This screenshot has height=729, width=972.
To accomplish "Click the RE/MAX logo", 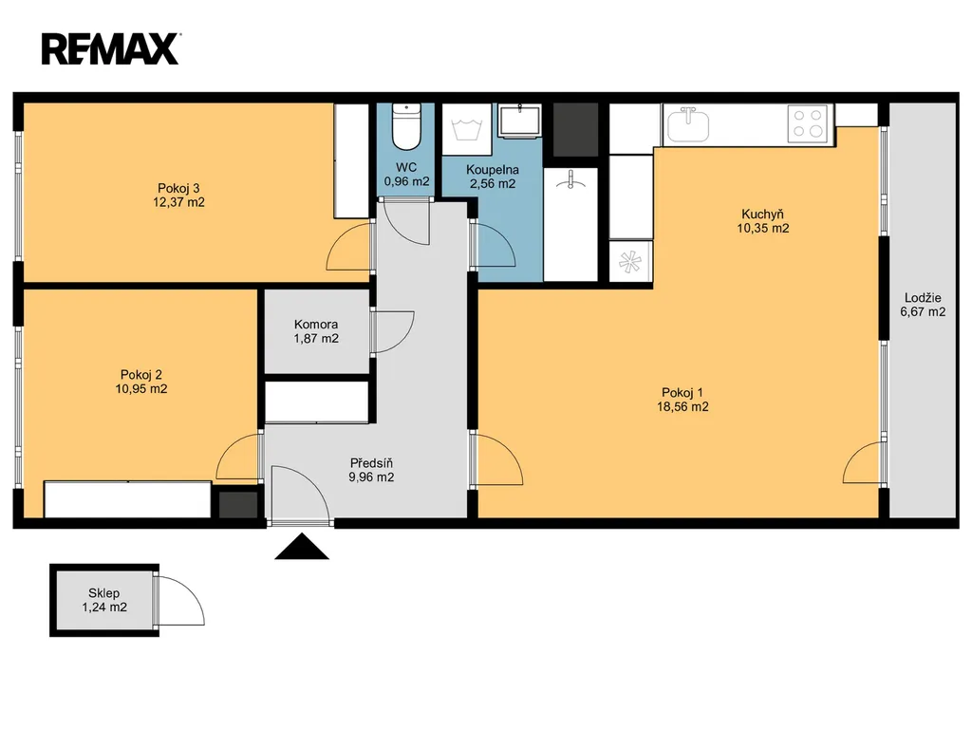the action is tap(111, 49).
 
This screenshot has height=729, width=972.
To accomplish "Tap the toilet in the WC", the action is tap(406, 127).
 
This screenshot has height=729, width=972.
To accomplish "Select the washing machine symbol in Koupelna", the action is tap(467, 129).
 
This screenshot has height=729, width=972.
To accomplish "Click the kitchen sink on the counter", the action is tap(687, 124).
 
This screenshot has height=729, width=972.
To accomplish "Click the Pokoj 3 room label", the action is tap(178, 188).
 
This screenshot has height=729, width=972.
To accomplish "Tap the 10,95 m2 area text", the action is tap(141, 389).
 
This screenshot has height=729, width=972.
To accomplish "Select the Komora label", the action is tap(316, 325).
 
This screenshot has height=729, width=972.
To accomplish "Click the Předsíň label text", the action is tap(371, 463).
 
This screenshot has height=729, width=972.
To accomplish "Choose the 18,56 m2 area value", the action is tap(682, 407).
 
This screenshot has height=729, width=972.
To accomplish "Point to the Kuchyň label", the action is tap(762, 215).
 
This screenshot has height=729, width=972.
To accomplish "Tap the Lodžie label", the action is tap(923, 297).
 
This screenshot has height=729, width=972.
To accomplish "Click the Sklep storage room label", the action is tap(104, 593).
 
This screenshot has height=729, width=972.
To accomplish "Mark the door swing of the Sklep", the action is tap(180, 600).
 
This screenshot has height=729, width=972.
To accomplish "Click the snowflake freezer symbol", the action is tap(629, 262).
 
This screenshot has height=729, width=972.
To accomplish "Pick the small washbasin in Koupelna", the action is tap(519, 119).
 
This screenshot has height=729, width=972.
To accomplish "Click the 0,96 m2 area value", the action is tap(406, 182).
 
